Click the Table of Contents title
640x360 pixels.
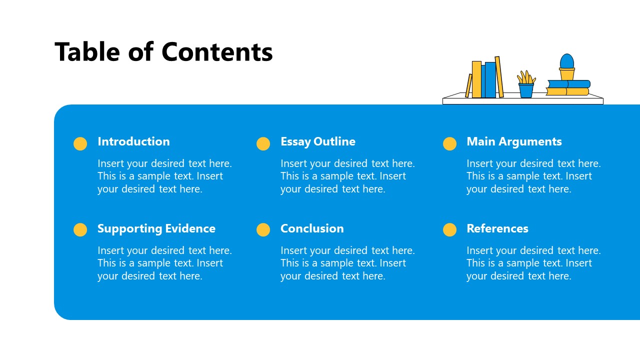[163, 52]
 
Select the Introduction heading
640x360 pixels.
[133, 141]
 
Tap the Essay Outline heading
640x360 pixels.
[317, 141]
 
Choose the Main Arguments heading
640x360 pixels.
[514, 141]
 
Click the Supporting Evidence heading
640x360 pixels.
[156, 228]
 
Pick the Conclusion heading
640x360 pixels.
[312, 228]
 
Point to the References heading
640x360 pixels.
[497, 228]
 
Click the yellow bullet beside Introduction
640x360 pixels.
[80, 143]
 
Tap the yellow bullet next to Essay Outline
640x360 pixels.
[263, 143]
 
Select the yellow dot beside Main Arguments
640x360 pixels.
[449, 143]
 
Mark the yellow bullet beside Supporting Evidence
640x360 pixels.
[80, 229]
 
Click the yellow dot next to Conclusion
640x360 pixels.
[263, 229]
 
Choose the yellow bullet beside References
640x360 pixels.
[449, 229]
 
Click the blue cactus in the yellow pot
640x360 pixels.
[566, 61]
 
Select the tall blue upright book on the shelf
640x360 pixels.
[490, 80]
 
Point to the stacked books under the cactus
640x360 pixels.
[567, 88]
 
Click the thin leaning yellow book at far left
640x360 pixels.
[468, 85]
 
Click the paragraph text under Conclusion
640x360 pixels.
[347, 263]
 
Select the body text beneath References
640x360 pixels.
[533, 263]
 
